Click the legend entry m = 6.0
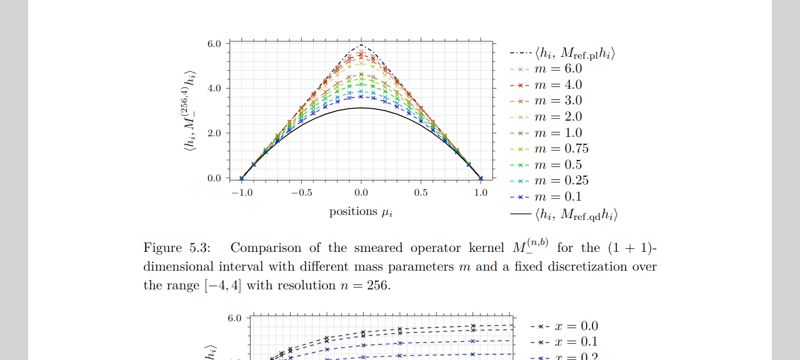(547, 69)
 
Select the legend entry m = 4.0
(547, 85)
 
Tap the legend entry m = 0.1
(547, 197)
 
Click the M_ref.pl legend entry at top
(563, 54)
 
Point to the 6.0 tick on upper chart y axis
(214, 44)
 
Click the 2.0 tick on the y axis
(214, 133)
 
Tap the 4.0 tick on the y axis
(214, 88)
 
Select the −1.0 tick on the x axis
(241, 193)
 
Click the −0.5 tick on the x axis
(301, 193)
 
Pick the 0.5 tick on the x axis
(421, 193)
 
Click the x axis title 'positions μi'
(361, 212)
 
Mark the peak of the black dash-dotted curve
(361, 45)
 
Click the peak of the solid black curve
(361, 108)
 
